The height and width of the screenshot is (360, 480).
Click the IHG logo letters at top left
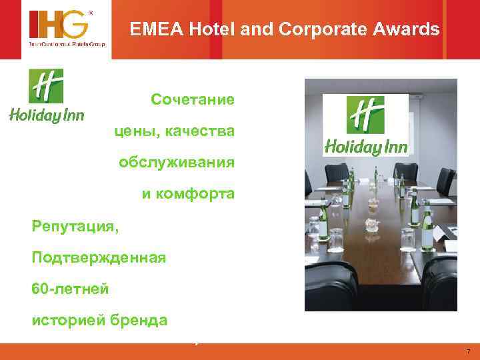[57, 25]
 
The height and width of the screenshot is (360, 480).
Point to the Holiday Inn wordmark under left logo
[46, 116]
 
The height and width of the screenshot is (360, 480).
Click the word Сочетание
[192, 100]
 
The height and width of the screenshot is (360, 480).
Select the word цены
[134, 131]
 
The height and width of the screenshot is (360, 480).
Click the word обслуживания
[176, 163]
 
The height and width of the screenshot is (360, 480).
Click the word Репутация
[75, 226]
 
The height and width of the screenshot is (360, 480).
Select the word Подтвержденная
[98, 257]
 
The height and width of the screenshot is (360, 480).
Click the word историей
[63, 319]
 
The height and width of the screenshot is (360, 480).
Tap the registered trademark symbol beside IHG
[91, 13]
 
